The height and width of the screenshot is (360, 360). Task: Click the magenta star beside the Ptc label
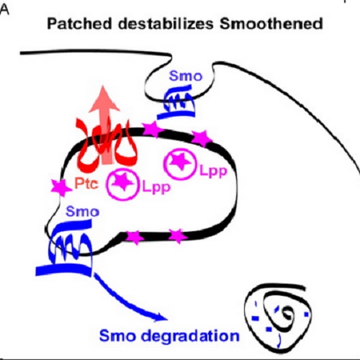click(53, 186)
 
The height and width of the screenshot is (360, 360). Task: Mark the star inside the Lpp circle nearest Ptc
click(125, 181)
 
